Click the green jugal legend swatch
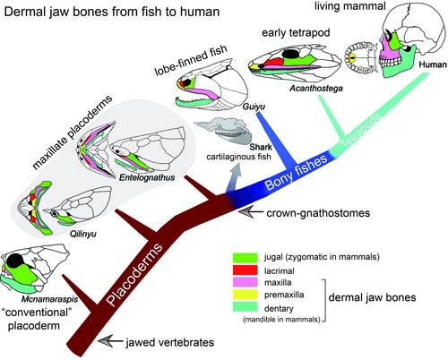(x=245, y=258)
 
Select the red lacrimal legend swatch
(x=245, y=270)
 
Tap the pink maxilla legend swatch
(x=245, y=282)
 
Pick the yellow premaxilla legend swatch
(x=245, y=295)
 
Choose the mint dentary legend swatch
(x=245, y=306)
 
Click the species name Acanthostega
(x=316, y=89)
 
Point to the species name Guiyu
(x=254, y=107)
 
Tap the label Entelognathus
(x=147, y=177)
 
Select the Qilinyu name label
(x=83, y=234)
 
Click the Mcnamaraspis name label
(x=49, y=299)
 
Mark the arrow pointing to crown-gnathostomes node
(x=251, y=213)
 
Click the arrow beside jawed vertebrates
(x=110, y=341)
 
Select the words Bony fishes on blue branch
(x=296, y=172)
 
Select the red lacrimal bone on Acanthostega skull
(x=272, y=62)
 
